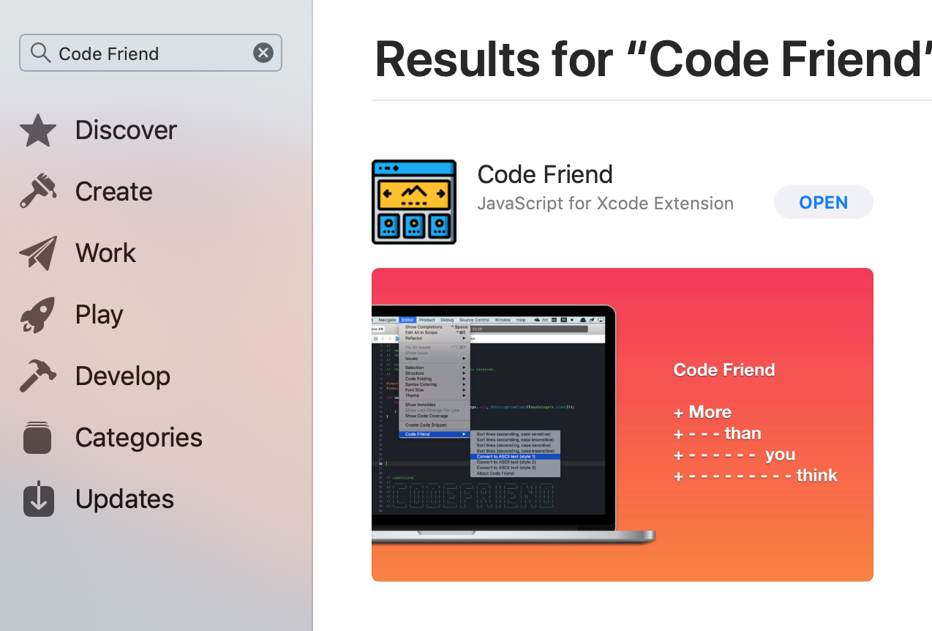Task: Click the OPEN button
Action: (823, 203)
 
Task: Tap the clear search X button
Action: (263, 53)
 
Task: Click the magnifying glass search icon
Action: (41, 53)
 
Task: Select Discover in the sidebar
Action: (126, 130)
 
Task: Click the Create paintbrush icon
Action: (38, 191)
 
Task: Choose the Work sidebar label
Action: (105, 253)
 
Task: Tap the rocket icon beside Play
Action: (38, 315)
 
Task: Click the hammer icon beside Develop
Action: (38, 376)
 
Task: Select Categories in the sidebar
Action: (138, 438)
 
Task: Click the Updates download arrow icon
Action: (38, 499)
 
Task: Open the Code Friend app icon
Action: (414, 202)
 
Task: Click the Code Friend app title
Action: (545, 175)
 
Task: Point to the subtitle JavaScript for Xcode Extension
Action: (605, 204)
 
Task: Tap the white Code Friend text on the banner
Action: (724, 370)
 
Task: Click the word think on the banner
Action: (817, 476)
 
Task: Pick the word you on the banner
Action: (780, 455)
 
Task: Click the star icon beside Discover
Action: (38, 130)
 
